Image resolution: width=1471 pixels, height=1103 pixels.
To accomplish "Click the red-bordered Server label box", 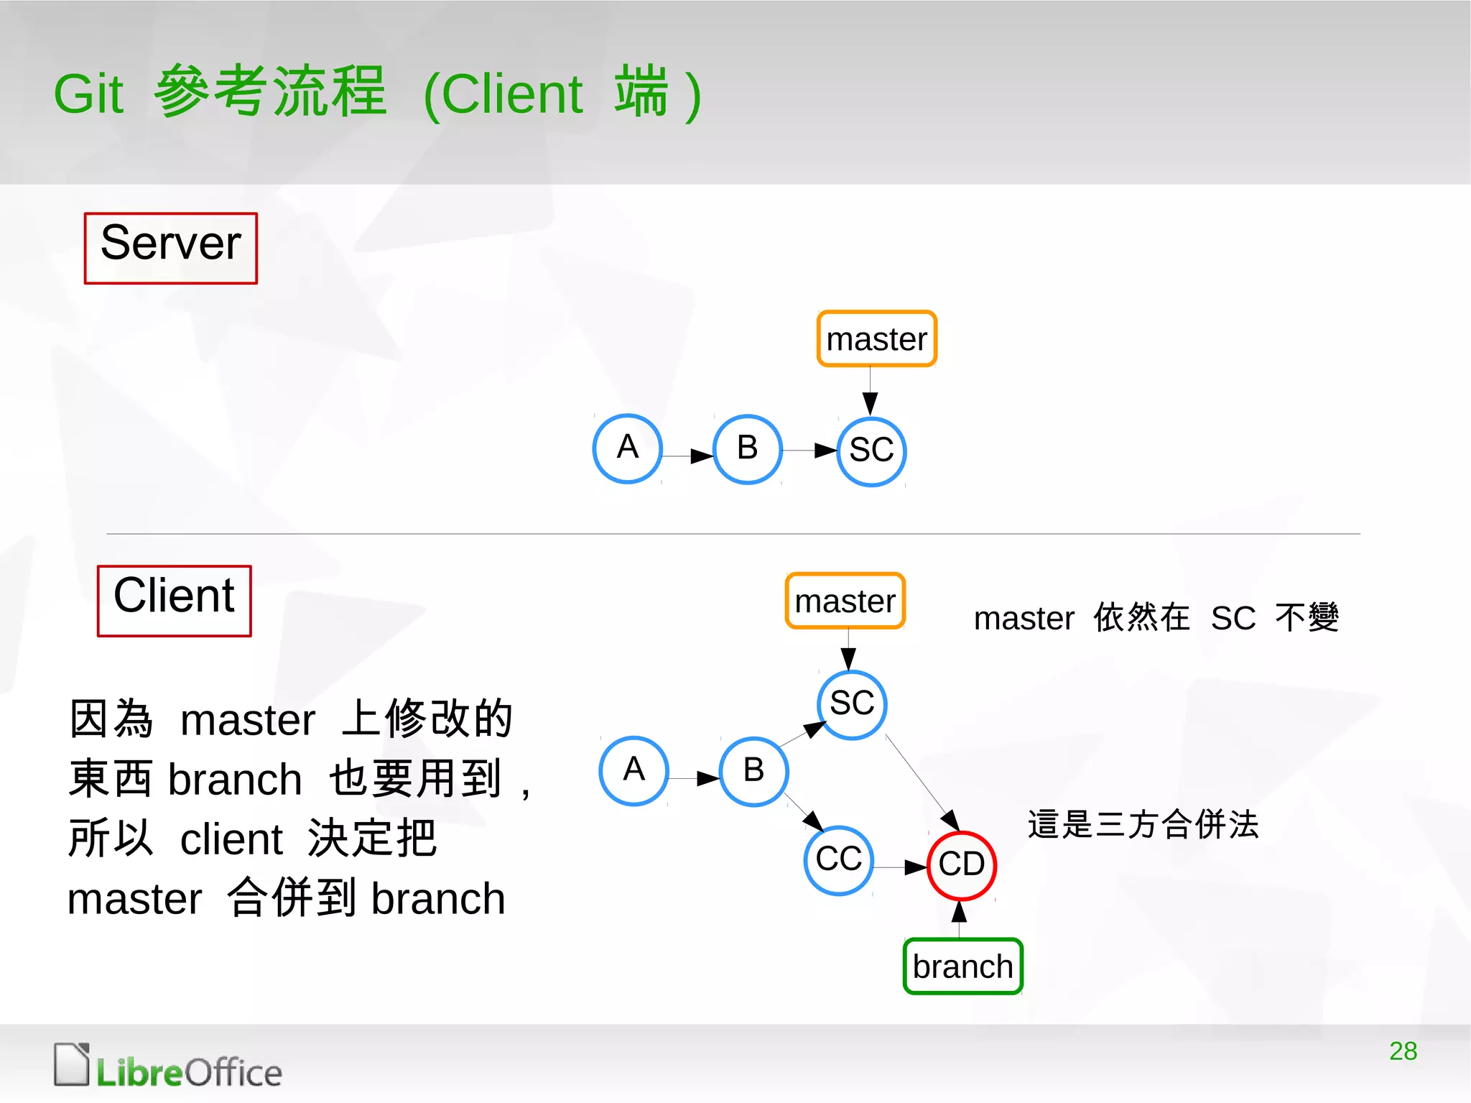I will [171, 248].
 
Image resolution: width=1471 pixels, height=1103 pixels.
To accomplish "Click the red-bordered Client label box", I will [175, 601].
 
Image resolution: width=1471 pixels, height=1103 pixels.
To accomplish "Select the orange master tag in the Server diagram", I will [876, 339].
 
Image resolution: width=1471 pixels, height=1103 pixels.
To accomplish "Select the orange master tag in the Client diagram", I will [845, 601].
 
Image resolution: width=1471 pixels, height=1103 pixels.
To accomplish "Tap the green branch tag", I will [962, 966].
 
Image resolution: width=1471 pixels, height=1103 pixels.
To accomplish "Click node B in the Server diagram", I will [747, 449].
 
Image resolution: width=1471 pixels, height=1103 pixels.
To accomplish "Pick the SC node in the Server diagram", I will [871, 451].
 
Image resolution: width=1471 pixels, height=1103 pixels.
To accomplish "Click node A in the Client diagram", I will [634, 770].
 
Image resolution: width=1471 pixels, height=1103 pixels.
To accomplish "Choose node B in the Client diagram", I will [753, 771].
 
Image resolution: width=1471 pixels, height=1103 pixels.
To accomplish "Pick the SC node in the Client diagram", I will [852, 704].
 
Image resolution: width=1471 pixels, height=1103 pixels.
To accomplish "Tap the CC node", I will [839, 859].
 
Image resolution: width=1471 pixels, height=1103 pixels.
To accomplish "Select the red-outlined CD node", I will [962, 864].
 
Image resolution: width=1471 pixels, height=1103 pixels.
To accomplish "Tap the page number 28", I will [1403, 1051].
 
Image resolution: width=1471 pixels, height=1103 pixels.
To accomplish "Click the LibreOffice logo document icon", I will [72, 1063].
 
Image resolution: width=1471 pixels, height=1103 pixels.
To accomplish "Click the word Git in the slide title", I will [89, 94].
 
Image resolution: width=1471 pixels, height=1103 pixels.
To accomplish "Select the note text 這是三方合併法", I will [1143, 824].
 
